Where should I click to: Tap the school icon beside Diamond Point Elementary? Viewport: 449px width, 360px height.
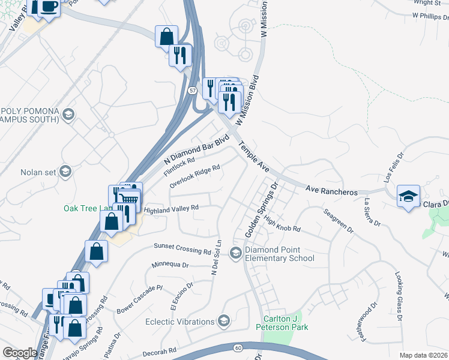[x=236, y=254]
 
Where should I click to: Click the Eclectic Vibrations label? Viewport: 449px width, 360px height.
[x=179, y=322]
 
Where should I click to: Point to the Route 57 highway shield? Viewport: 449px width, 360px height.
[x=191, y=90]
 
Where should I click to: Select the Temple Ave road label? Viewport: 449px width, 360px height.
[x=255, y=158]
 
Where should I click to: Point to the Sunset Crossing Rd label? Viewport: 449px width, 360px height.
[x=182, y=248]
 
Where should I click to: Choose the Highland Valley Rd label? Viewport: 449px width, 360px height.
[x=171, y=209]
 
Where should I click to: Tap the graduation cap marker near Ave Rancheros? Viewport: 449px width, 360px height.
[x=408, y=197]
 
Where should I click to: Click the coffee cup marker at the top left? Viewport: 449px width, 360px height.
[x=49, y=7]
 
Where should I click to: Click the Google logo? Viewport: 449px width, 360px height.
[x=20, y=353]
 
